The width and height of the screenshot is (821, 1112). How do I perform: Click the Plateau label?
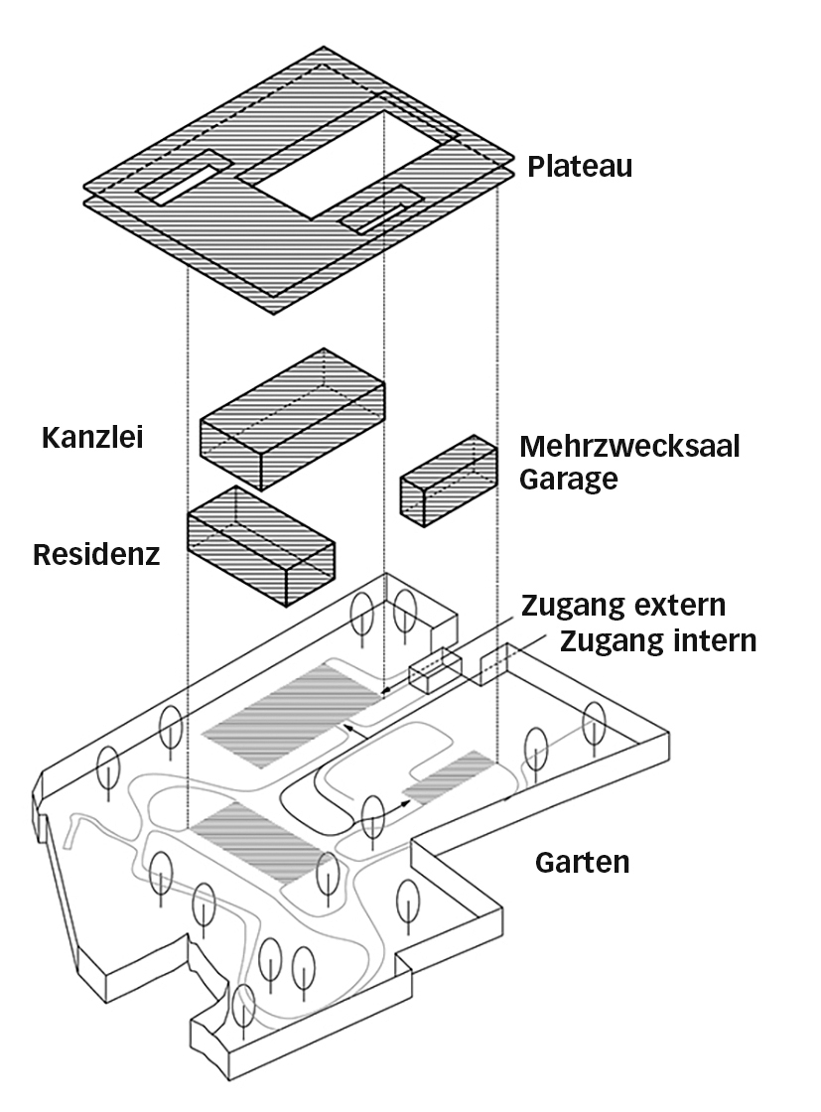(580, 165)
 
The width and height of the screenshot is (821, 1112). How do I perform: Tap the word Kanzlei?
(92, 437)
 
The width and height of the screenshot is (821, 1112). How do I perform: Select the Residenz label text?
(96, 554)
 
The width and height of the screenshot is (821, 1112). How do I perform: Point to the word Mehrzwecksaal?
(629, 447)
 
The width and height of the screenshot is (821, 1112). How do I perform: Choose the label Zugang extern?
(623, 605)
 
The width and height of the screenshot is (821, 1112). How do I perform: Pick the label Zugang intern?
(658, 640)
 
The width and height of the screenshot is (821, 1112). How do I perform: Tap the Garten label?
(582, 862)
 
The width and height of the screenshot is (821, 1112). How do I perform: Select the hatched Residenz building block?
(260, 546)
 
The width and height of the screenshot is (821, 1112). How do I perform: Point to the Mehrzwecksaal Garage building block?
(448, 482)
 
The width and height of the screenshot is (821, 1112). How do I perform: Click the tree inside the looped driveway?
(372, 815)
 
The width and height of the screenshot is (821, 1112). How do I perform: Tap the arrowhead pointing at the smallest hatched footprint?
(407, 796)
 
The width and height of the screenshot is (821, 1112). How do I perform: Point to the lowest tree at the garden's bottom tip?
(243, 1006)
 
